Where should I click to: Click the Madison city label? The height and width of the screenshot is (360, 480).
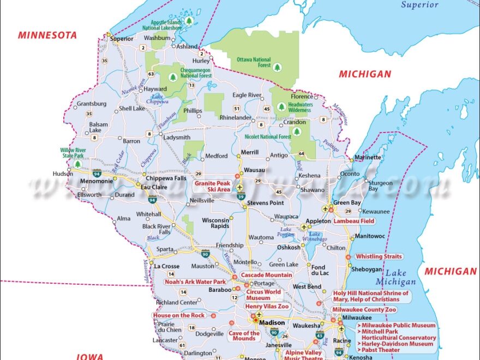pyautogui.click(x=272, y=322)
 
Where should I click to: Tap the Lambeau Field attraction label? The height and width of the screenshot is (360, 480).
pyautogui.click(x=353, y=221)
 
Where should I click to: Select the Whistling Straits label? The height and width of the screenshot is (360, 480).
pyautogui.click(x=379, y=256)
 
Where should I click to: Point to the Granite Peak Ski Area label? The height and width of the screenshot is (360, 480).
pyautogui.click(x=213, y=186)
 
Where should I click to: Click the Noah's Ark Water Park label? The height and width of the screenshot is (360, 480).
pyautogui.click(x=195, y=282)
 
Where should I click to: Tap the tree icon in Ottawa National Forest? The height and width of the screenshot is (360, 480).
pyautogui.click(x=277, y=67)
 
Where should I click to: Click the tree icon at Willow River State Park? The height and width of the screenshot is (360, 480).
pyautogui.click(x=77, y=164)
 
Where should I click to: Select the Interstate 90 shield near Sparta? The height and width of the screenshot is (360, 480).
pyautogui.click(x=205, y=254)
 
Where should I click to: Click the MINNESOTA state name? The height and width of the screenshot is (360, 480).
pyautogui.click(x=47, y=35)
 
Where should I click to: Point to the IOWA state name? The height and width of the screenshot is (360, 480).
pyautogui.click(x=89, y=356)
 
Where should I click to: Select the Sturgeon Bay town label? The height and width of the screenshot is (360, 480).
pyautogui.click(x=380, y=186)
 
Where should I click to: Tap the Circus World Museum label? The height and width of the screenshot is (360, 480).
pyautogui.click(x=263, y=295)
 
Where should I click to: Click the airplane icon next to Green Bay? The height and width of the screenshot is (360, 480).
pyautogui.click(x=326, y=209)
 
